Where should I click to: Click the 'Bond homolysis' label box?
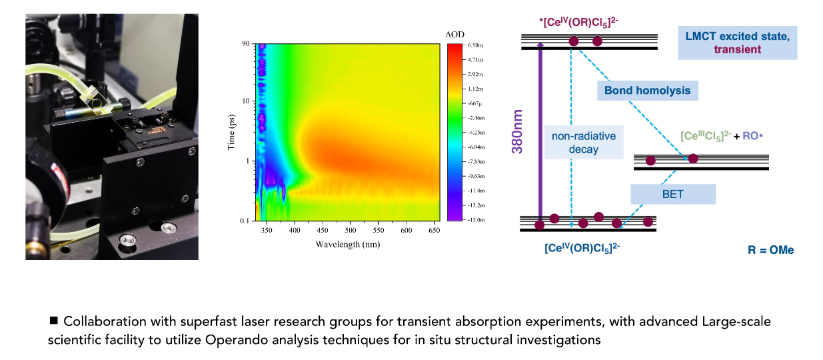click(647, 90)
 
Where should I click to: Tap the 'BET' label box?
click(673, 194)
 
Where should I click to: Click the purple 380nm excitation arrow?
click(540, 133)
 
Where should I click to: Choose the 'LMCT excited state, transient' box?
click(737, 42)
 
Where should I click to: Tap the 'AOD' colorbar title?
click(454, 34)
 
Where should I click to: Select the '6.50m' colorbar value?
click(474, 45)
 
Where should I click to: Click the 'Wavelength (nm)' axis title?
click(349, 245)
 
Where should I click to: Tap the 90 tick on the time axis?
click(245, 44)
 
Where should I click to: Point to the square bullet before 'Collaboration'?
click(54, 321)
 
